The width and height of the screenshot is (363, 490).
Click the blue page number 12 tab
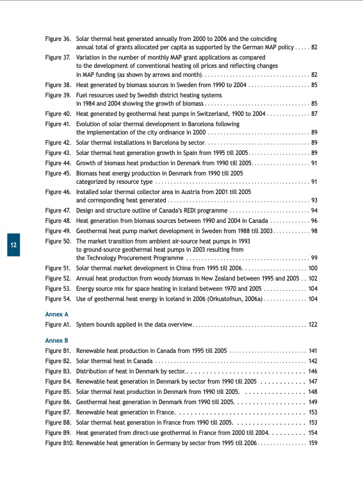coord(13,245)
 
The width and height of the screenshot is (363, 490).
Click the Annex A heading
coord(56,314)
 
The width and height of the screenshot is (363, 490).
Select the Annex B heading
coord(56,339)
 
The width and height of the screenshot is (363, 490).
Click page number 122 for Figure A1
coord(313,325)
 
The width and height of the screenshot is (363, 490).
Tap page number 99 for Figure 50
coord(314,257)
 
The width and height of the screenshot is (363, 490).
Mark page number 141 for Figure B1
coord(313,351)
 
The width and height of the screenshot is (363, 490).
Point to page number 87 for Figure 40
coord(314,113)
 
